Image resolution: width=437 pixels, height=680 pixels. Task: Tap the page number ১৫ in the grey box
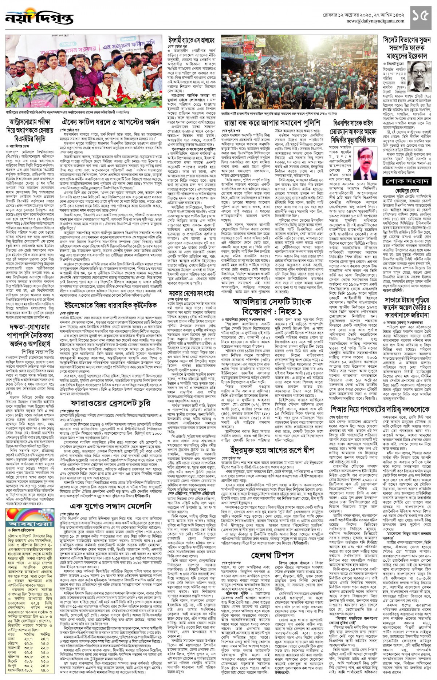[x=421, y=15]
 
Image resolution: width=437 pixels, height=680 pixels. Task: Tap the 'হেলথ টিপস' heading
[x=272, y=555]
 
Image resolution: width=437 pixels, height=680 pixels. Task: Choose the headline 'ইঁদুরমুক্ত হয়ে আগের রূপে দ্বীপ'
[x=272, y=450]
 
